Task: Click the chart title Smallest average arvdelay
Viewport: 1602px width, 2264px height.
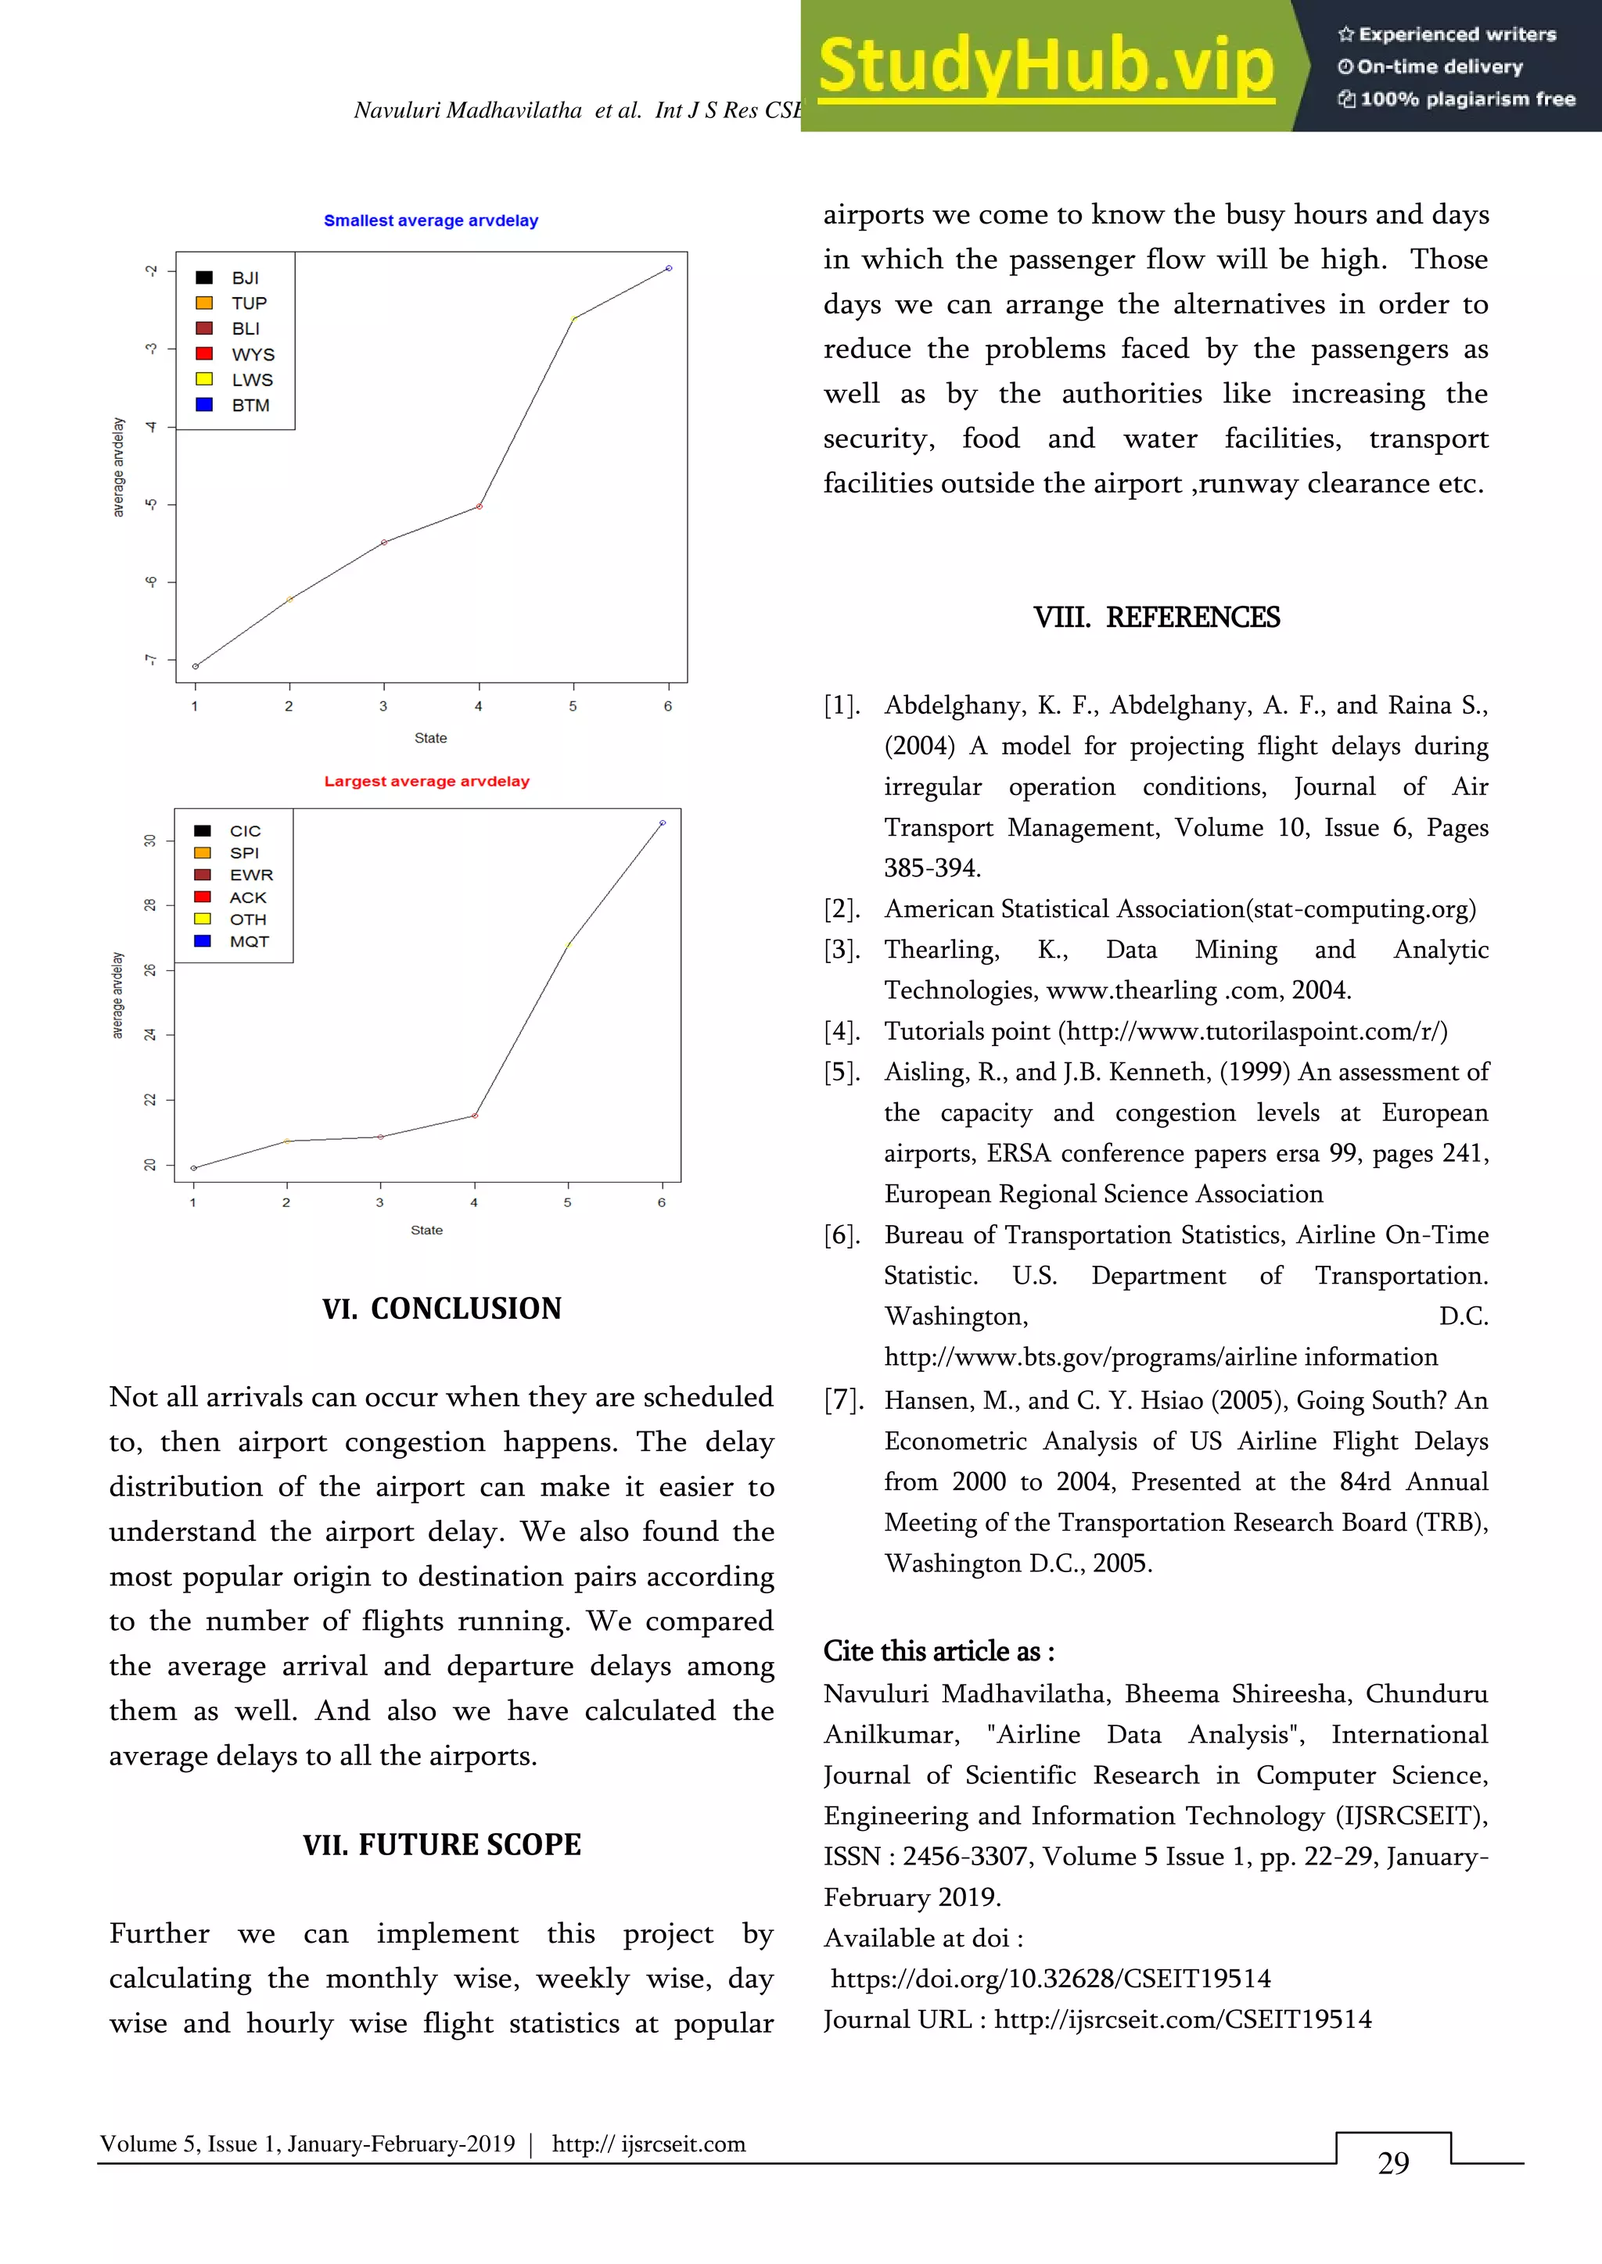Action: (430, 221)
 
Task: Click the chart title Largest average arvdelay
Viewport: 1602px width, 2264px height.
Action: (426, 781)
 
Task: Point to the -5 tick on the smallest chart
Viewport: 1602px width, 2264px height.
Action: (151, 505)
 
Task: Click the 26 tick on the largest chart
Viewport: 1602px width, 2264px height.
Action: (150, 970)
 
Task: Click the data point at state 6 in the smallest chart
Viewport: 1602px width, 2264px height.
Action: (669, 268)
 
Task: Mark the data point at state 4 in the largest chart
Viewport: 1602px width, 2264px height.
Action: (476, 1116)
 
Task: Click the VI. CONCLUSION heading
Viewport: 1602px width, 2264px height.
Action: (441, 1309)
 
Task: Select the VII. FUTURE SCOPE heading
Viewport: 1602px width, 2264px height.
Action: (441, 1844)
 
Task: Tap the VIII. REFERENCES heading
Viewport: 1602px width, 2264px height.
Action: (1156, 618)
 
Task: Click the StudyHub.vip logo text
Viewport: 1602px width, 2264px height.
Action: (1046, 65)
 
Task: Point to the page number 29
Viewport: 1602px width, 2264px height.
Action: (1393, 2162)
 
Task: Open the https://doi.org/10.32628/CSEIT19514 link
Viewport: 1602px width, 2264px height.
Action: (1051, 1978)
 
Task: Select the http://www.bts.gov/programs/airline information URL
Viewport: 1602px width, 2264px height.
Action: (1160, 1357)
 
